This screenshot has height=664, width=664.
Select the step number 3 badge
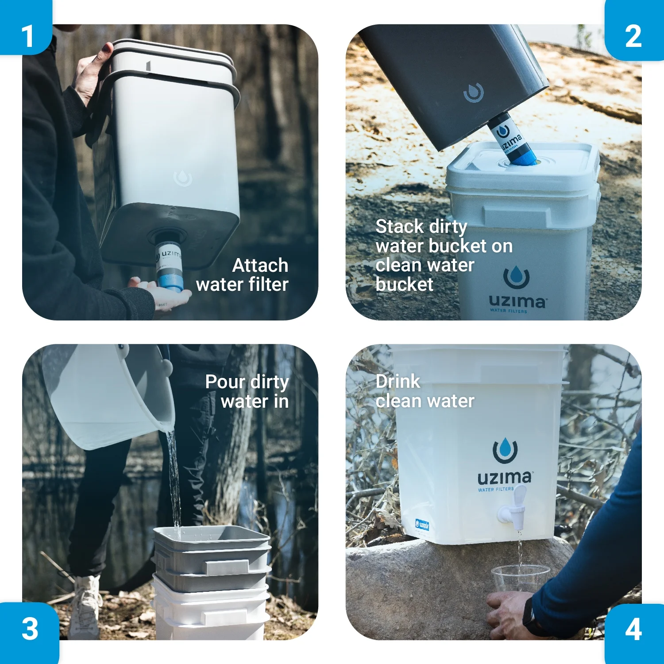coord(29,632)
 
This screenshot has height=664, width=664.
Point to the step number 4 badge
coord(634,633)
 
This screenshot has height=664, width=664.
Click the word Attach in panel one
coord(260,265)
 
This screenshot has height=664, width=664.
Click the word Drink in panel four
coord(398,381)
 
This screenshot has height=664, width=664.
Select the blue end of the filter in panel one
coord(170,282)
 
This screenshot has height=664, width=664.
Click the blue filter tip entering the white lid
coord(522,156)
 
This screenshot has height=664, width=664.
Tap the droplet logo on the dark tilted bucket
coord(473,92)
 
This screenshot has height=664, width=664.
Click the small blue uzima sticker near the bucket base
coord(422,525)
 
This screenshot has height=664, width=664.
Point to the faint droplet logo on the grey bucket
coord(183,178)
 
